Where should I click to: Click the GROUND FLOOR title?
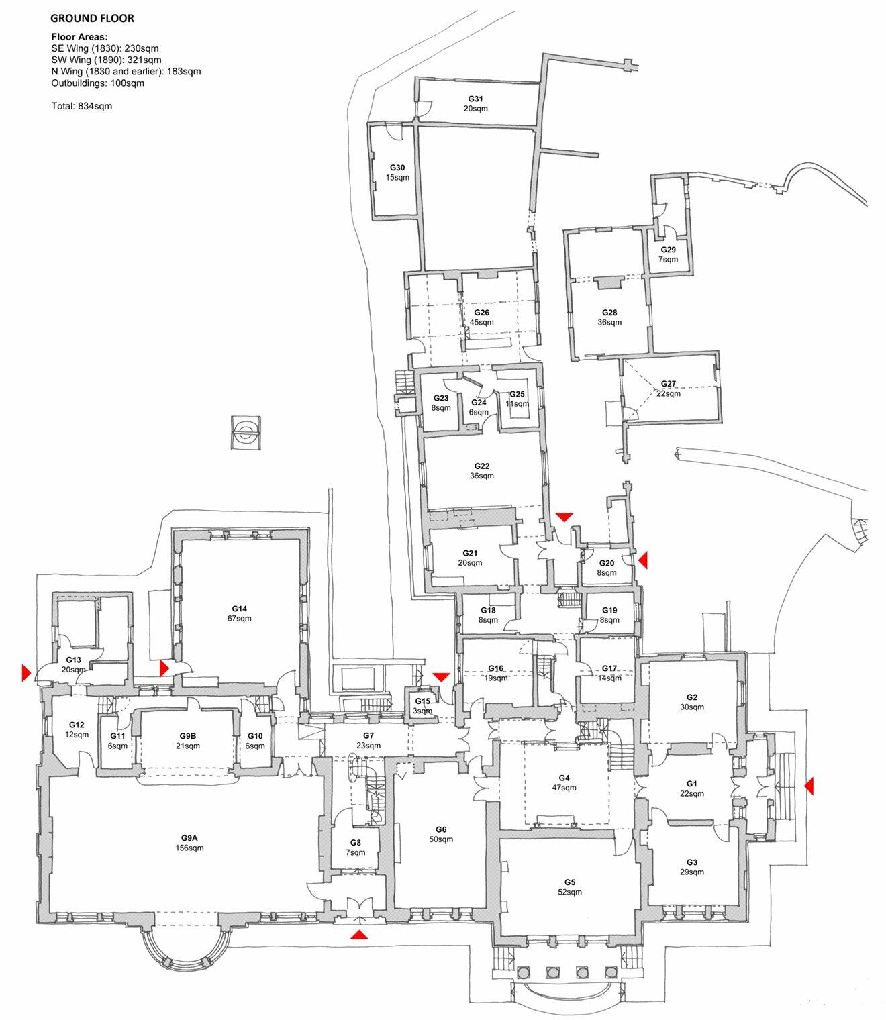[92, 18]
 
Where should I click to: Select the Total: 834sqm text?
[81, 106]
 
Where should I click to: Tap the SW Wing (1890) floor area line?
[106, 60]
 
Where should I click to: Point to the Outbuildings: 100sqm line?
[97, 83]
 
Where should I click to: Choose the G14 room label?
[239, 609]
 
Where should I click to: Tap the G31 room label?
[475, 99]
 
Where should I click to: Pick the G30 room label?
[397, 168]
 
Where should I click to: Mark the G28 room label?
[609, 313]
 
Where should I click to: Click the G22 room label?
[481, 466]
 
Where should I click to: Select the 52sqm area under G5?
[569, 892]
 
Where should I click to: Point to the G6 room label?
[440, 829]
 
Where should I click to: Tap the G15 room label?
[422, 701]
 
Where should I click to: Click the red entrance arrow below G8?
[360, 934]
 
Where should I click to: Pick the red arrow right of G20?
[642, 560]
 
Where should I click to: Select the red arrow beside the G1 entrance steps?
[809, 785]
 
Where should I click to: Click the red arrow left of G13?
[27, 672]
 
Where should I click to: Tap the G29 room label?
[668, 250]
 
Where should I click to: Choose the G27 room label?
[668, 384]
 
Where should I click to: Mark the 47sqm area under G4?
[564, 788]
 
